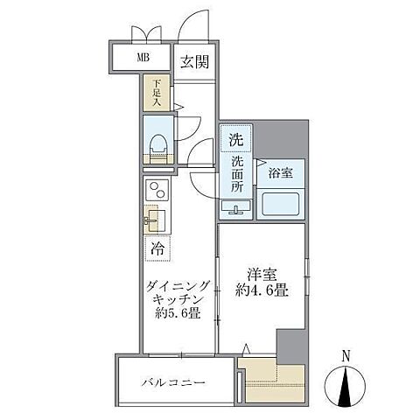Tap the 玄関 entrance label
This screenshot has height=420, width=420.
click(x=194, y=61)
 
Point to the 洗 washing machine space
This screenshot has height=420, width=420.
click(x=235, y=139)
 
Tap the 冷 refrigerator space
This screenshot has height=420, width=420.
click(x=158, y=248)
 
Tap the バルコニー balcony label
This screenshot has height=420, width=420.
click(x=175, y=382)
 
